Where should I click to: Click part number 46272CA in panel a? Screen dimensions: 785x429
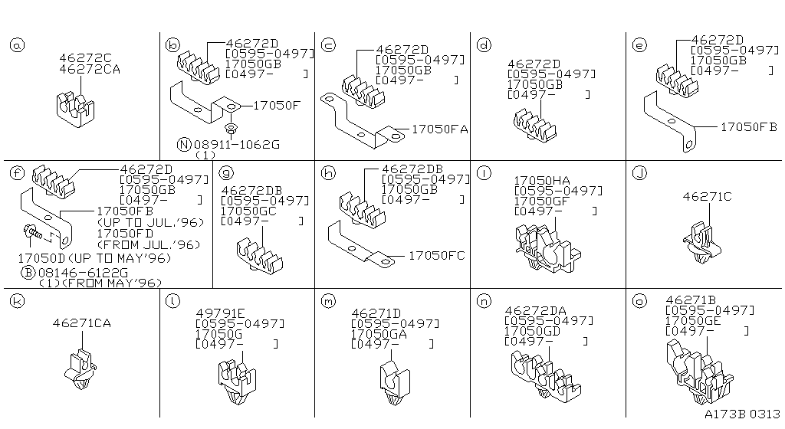tap(90, 70)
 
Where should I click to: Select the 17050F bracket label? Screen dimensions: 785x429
tap(276, 106)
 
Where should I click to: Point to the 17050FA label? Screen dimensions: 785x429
tap(439, 129)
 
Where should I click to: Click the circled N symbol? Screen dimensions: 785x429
tap(184, 145)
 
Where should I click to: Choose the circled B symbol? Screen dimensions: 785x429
tap(28, 273)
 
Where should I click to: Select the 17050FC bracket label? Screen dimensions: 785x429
tap(436, 256)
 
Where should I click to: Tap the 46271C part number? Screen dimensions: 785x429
tap(707, 197)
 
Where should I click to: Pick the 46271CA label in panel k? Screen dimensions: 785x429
tap(81, 323)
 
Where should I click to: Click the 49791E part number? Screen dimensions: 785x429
tap(220, 313)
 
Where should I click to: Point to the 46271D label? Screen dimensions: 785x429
tap(376, 313)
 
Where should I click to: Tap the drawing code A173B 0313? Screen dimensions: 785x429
tap(742, 414)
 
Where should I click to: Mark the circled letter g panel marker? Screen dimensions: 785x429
tap(227, 173)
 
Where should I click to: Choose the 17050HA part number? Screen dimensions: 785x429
tap(542, 181)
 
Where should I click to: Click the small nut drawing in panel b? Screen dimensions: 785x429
tap(231, 128)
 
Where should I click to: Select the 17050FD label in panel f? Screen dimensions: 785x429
tap(125, 234)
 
